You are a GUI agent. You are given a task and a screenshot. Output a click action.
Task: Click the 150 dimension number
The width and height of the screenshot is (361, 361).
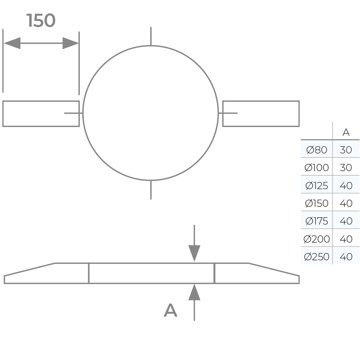coord(41,21)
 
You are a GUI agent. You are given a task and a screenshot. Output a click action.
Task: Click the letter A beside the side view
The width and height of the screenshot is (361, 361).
coord(170,310)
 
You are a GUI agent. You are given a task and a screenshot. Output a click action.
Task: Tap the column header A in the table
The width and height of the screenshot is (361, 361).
coord(346,132)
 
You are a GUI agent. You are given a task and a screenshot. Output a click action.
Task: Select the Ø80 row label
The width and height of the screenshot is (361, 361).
coord(317,150)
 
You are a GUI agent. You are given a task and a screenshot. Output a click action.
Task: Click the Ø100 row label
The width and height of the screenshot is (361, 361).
coord(317,168)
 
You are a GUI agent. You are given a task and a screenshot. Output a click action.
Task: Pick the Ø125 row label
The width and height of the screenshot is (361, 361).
coord(317,186)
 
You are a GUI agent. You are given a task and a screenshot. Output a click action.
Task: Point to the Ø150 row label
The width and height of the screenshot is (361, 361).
coord(317,203)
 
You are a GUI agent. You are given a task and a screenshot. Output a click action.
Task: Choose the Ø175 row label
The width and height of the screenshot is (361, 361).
coord(317,221)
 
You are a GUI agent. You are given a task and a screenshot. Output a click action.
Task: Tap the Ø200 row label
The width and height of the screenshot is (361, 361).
coord(317,239)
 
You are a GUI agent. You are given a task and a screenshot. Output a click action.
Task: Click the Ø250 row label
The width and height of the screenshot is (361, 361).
coord(317,257)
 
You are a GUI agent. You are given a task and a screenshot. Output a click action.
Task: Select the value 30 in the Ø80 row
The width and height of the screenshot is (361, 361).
coord(346,150)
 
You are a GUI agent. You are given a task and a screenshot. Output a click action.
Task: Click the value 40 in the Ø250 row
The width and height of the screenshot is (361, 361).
coord(346,257)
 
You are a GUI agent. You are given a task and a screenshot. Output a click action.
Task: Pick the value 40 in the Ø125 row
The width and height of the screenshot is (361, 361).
coord(346,186)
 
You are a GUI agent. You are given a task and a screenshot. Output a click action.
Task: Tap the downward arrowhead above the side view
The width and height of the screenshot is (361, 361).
coord(194,253)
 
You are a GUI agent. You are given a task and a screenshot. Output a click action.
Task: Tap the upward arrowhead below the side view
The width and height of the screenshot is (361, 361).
coord(194,292)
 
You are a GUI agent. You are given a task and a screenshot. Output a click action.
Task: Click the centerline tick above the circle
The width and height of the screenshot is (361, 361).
coord(151,36)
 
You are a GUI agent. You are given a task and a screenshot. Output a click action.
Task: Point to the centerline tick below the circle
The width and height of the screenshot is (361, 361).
coord(151,190)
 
